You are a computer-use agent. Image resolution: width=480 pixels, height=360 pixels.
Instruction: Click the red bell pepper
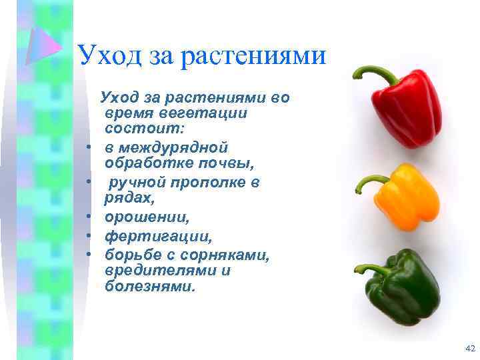pos(408,110)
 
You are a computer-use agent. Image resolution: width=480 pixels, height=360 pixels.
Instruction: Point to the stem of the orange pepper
pos(368,181)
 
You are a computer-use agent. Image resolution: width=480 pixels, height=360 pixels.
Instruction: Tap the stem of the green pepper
pos(370,269)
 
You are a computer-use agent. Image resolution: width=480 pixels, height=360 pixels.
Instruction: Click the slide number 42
pos(469,349)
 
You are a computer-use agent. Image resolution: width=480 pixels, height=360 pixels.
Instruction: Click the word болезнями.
pos(151,287)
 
